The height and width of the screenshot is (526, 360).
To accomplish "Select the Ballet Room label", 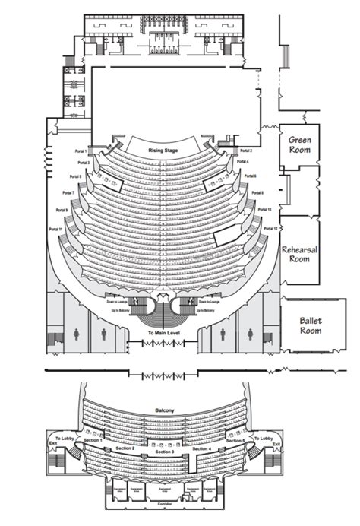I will pyautogui.click(x=310, y=325).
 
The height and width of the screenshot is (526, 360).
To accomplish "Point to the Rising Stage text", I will pyautogui.click(x=163, y=151).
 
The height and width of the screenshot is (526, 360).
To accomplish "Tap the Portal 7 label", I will pyautogui.click(x=68, y=192).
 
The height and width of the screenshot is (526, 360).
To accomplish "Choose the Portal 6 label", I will pyautogui.click(x=251, y=176).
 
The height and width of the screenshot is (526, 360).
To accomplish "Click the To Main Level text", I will pyautogui.click(x=163, y=334).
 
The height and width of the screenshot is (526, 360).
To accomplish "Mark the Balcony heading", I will pyautogui.click(x=164, y=411).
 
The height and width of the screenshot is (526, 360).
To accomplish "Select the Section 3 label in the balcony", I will pyautogui.click(x=164, y=452).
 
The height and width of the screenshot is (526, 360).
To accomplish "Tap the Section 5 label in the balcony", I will pyautogui.click(x=235, y=441).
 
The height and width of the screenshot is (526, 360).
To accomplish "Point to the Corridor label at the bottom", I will pyautogui.click(x=164, y=504).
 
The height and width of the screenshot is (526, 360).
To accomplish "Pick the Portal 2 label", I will pyautogui.click(x=245, y=151).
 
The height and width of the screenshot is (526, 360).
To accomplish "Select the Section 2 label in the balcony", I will pyautogui.click(x=125, y=448).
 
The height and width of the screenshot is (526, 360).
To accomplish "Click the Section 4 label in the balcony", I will pyautogui.click(x=203, y=448).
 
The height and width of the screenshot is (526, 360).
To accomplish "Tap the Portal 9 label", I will pyautogui.click(x=62, y=210).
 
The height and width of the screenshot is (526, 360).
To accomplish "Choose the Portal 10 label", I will pyautogui.click(x=264, y=209).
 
